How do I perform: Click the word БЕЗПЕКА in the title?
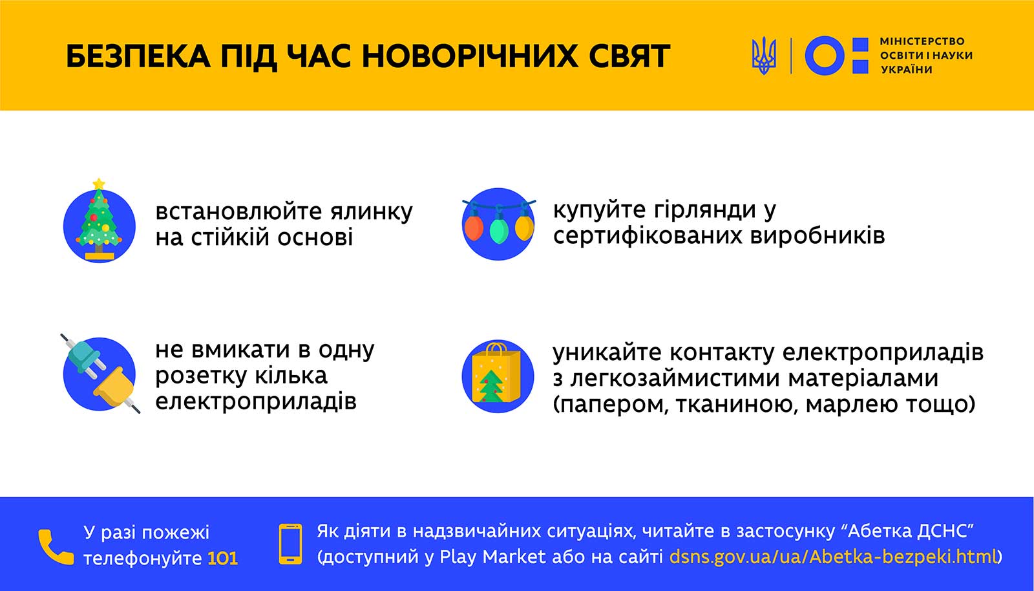click(x=138, y=56)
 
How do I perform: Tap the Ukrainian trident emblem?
click(x=764, y=56)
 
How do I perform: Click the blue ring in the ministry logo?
click(x=825, y=56)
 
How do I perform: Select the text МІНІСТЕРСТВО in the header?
click(x=922, y=41)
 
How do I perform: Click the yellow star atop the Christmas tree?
click(x=99, y=184)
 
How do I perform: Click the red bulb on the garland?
click(x=474, y=226)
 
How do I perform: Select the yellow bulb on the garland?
click(x=524, y=226)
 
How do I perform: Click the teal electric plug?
click(x=85, y=358)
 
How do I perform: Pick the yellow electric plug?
click(x=116, y=389)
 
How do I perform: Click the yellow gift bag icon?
click(x=496, y=373)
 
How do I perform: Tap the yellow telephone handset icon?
click(x=56, y=547)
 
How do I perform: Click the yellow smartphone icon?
click(x=291, y=544)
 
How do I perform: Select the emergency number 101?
click(x=222, y=559)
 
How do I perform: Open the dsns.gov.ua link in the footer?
click(x=833, y=557)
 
